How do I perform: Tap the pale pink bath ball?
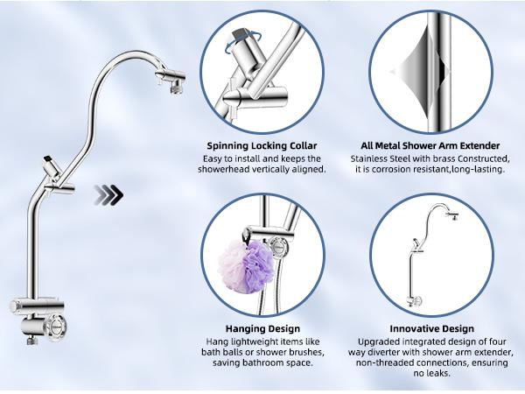pos(232,265)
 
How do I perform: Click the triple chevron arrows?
pos(110,194)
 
